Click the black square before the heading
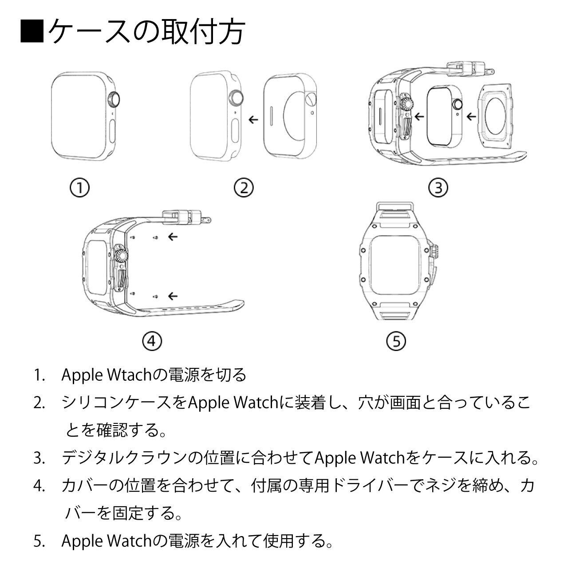click(32, 31)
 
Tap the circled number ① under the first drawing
click(79, 188)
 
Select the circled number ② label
click(244, 188)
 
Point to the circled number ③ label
click(438, 188)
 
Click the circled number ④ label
click(152, 341)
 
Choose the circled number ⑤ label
click(396, 341)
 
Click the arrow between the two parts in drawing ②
click(253, 120)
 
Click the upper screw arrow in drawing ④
click(173, 237)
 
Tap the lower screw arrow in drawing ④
click(173, 296)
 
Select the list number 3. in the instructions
click(39, 458)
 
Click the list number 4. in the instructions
click(39, 486)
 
